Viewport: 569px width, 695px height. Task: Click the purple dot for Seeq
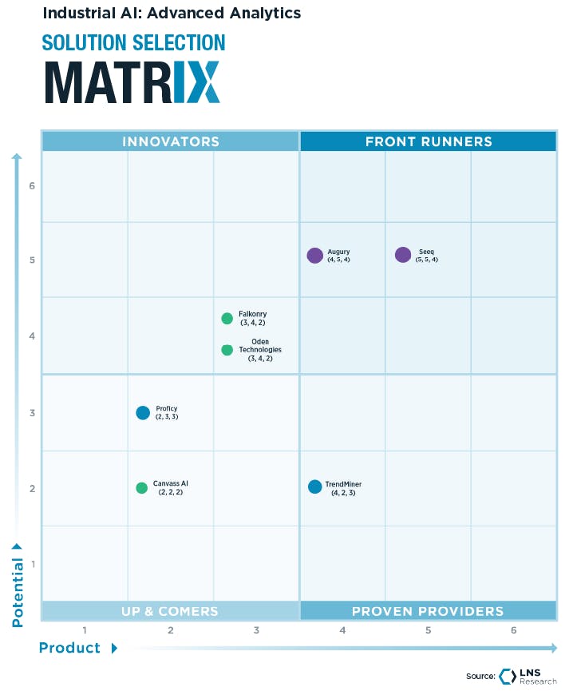coord(403,255)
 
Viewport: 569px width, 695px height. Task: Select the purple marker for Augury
coord(315,256)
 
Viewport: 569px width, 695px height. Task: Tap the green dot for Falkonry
coord(227,319)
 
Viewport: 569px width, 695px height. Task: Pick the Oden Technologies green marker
coord(227,350)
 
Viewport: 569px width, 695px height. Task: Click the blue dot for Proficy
coord(143,413)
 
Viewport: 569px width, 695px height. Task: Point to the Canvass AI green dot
coord(142,488)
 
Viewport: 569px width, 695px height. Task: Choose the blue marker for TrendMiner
coord(315,486)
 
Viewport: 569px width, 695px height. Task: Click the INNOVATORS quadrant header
coord(170,141)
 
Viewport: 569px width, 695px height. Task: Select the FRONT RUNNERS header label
coord(429,141)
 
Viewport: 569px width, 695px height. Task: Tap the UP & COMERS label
coord(169,611)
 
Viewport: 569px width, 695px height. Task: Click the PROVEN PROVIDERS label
coord(428,611)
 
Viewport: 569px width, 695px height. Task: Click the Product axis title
coord(70,648)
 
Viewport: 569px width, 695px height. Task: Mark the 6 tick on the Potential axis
coord(33,186)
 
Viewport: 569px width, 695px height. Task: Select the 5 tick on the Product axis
coord(428,630)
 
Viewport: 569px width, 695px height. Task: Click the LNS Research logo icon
coord(508,676)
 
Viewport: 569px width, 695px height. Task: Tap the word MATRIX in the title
coord(132,81)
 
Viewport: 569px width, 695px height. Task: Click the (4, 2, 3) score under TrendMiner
coord(343,494)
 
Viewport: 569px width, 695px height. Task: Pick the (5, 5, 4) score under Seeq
coord(427,260)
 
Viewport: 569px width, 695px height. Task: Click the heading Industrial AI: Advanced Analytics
coord(172,13)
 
